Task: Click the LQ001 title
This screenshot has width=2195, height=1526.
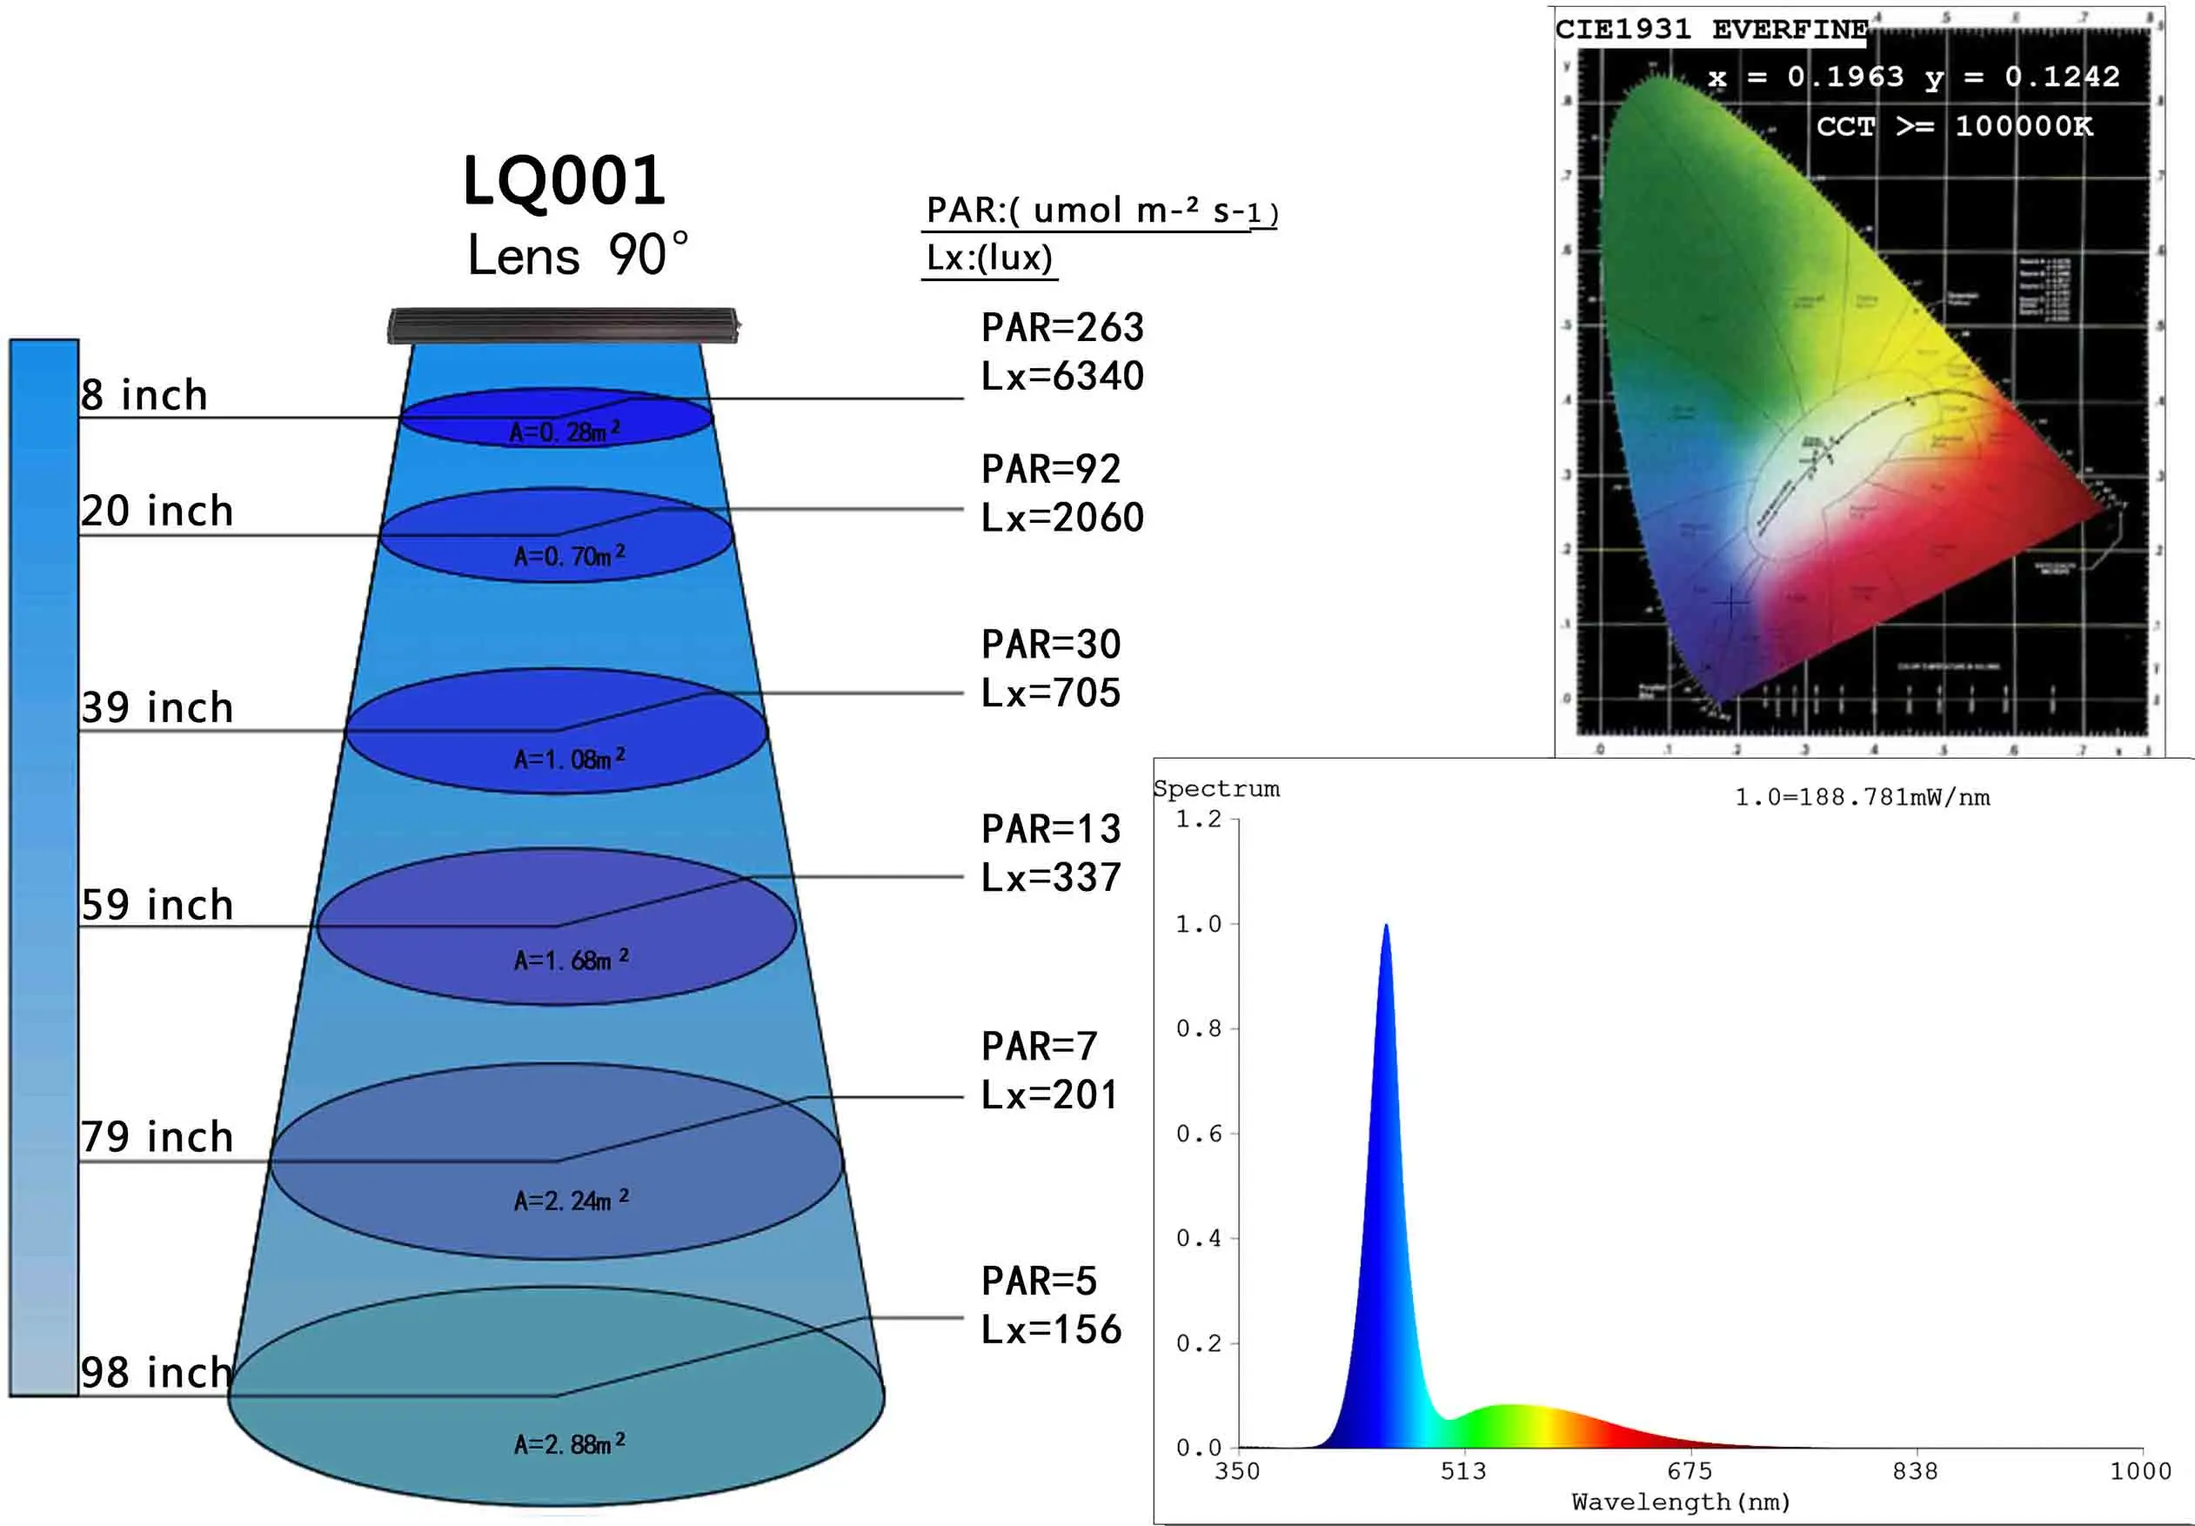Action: coord(564,181)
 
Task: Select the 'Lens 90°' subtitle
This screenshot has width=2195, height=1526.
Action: coord(578,255)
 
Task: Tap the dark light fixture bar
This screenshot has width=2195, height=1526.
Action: coord(562,325)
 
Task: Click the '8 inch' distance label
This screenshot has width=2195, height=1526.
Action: coord(144,395)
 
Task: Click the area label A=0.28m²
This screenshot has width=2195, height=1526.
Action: coord(564,432)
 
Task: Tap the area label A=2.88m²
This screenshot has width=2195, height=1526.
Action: coord(570,1443)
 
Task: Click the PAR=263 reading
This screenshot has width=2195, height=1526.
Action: coord(1062,328)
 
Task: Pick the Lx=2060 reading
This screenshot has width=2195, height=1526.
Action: coord(1062,518)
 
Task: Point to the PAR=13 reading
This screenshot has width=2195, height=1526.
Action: coord(1051,829)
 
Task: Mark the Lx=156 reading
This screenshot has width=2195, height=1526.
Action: coord(1051,1329)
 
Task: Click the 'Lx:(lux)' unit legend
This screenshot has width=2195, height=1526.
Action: coord(989,258)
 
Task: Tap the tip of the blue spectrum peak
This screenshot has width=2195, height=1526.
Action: coord(1385,927)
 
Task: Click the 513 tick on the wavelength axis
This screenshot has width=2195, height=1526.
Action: coord(1463,1471)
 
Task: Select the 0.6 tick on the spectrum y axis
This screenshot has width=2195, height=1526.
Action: coord(1199,1134)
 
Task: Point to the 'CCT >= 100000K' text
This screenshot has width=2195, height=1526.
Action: coord(1954,126)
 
